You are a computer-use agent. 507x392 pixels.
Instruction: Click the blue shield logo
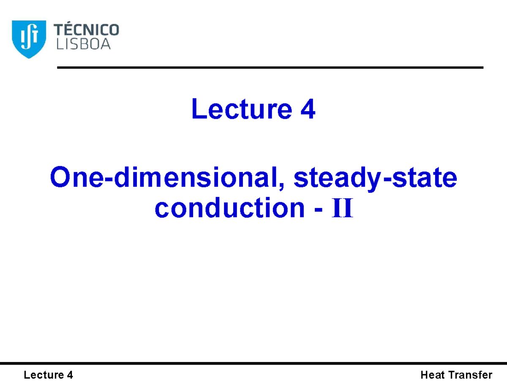click(29, 39)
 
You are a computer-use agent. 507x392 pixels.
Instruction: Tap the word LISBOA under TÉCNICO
click(84, 44)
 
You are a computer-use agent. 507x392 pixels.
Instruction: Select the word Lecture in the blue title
click(242, 109)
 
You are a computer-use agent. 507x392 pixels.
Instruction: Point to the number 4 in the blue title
click(308, 109)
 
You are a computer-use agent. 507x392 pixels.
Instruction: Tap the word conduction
click(230, 208)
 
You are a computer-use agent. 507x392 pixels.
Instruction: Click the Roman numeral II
click(343, 208)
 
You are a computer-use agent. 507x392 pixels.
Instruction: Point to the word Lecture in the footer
click(44, 375)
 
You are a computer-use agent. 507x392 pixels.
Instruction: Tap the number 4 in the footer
click(70, 375)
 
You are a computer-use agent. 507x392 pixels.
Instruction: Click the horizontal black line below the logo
click(270, 68)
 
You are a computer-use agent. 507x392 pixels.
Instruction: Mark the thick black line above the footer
click(253, 363)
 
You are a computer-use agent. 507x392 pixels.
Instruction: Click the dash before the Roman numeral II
click(319, 209)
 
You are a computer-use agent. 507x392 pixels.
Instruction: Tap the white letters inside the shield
click(29, 36)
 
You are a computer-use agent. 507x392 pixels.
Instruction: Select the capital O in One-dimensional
click(60, 177)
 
